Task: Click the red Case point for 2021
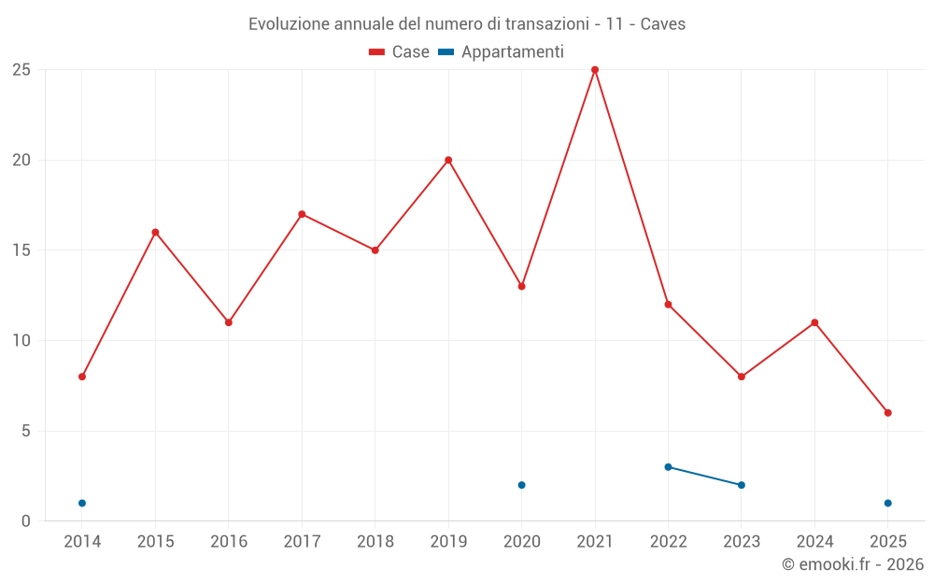point(595,70)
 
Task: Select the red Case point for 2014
point(82,377)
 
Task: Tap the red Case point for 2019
point(448,160)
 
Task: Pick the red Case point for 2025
point(888,413)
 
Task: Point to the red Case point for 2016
point(229,322)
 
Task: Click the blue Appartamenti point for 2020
point(522,485)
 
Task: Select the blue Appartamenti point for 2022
point(668,467)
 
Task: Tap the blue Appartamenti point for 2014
point(82,504)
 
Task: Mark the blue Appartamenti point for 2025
point(888,504)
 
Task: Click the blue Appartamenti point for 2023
point(742,485)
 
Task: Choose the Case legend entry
point(399,52)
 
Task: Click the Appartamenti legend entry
point(502,52)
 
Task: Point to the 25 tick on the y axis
point(21,70)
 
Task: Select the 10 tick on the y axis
point(21,341)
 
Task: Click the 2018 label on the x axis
point(375,542)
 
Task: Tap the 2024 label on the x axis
point(814,542)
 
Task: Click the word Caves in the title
point(663,24)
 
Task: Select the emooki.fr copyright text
point(853,564)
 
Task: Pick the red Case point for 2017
point(302,214)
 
